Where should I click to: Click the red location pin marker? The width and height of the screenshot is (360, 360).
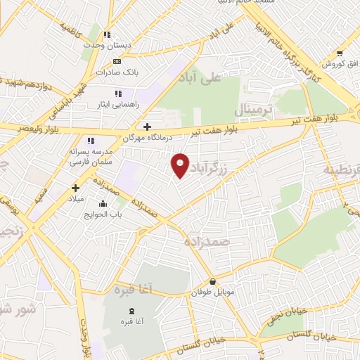(x=180, y=165)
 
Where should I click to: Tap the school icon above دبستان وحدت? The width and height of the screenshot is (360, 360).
(x=107, y=34)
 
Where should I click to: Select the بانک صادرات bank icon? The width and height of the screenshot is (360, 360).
(x=117, y=62)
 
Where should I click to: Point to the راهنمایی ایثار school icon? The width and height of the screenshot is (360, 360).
(x=118, y=94)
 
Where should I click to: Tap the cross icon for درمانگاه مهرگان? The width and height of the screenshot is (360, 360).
(x=146, y=127)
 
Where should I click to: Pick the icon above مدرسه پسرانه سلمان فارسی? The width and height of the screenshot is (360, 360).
(x=90, y=141)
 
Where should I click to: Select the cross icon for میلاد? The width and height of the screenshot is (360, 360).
(x=75, y=188)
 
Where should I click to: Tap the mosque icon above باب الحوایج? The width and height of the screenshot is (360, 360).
(x=105, y=204)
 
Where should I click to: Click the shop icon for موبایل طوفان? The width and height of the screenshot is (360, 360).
(x=212, y=282)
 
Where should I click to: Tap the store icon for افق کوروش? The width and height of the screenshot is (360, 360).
(x=340, y=53)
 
